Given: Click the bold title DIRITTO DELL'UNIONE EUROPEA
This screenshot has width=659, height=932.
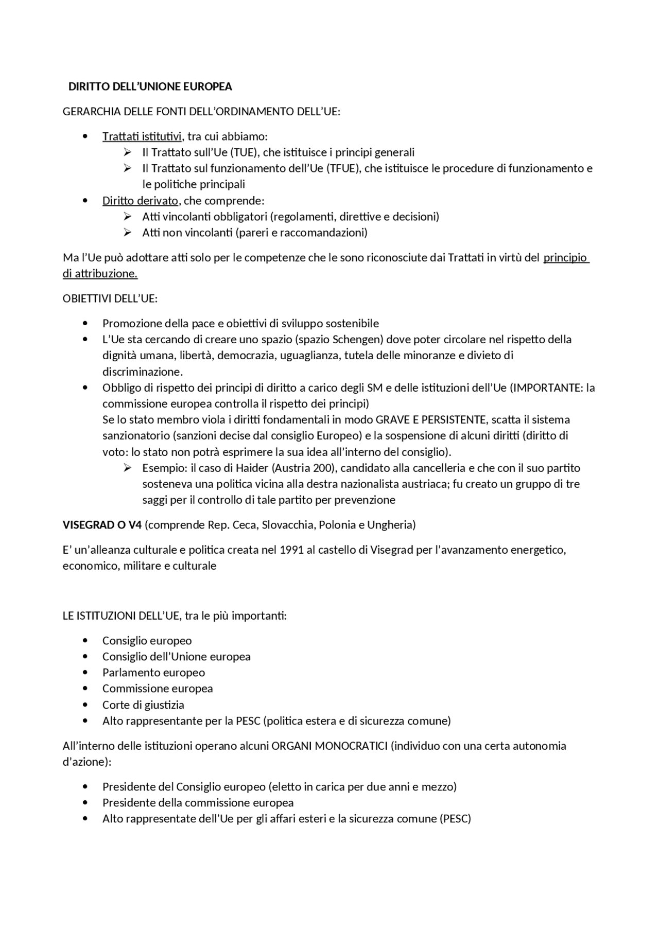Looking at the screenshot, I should click(x=150, y=86).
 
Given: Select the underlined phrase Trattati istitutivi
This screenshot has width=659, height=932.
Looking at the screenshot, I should click(x=142, y=136).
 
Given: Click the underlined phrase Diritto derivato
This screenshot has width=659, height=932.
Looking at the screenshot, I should click(x=140, y=201).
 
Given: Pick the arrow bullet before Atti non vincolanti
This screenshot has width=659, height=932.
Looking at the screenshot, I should click(x=127, y=232).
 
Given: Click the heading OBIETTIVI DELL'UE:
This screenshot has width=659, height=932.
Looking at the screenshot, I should click(x=110, y=298).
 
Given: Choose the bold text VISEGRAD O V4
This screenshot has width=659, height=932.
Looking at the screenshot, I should click(x=102, y=525).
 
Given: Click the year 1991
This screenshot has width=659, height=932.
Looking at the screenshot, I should click(x=291, y=550).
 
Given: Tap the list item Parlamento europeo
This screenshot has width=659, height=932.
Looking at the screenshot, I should click(x=153, y=673).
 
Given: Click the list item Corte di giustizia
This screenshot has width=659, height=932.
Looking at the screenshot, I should click(x=143, y=705).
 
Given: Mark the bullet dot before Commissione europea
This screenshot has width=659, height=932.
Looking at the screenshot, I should click(x=85, y=689).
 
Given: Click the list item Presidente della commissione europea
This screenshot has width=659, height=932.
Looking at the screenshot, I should click(x=198, y=803).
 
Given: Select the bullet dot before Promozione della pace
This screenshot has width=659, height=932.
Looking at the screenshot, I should click(x=85, y=323).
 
